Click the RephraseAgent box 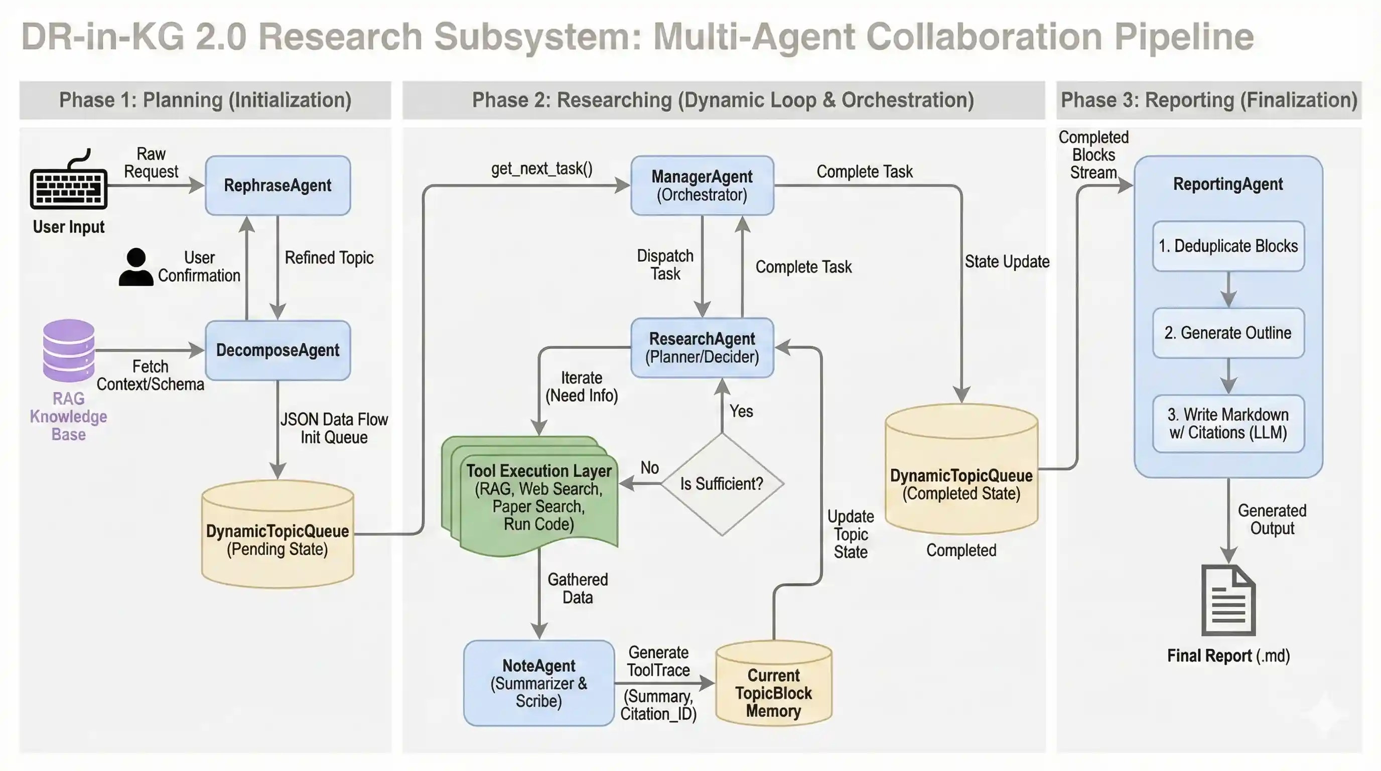coord(278,186)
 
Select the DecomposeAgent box coord(278,350)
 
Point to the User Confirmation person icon coord(135,267)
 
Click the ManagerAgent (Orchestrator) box coord(702,186)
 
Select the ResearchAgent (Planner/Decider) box coord(702,347)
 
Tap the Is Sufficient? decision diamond coord(722,483)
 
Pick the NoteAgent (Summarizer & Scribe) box coord(538,683)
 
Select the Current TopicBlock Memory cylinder coord(773,685)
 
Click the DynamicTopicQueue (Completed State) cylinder coord(961,472)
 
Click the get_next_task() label coord(541,169)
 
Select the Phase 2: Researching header coord(723,100)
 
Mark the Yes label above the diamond coord(741,411)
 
